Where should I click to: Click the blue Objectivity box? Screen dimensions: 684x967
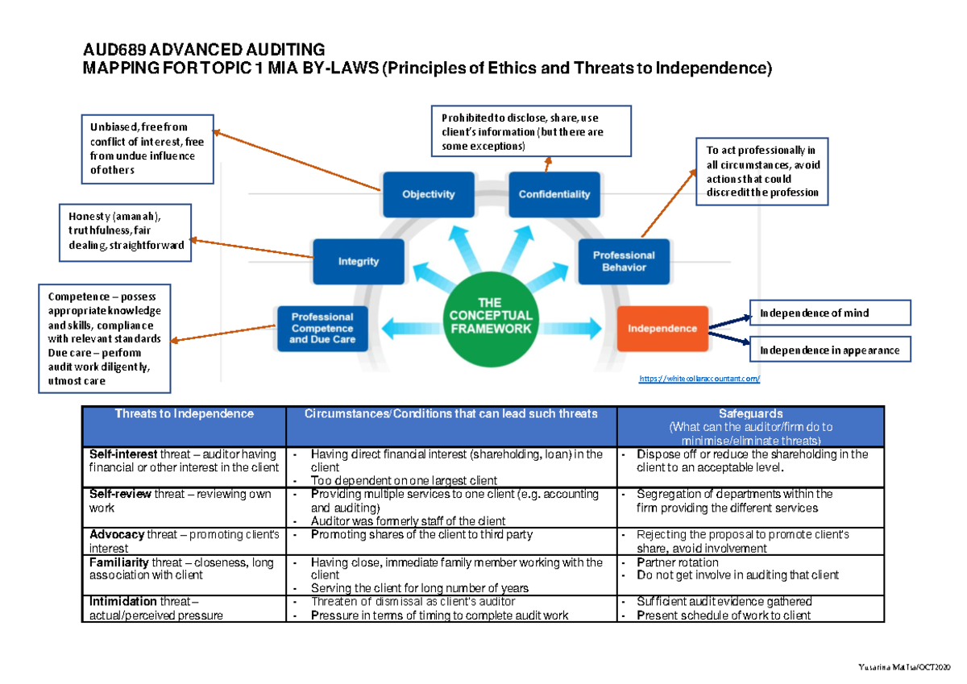coord(428,194)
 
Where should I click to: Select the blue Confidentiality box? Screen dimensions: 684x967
coord(554,194)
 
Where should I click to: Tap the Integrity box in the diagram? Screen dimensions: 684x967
coord(358,261)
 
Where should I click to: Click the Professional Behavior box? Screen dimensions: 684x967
coord(624,261)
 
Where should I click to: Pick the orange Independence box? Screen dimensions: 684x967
coord(662,328)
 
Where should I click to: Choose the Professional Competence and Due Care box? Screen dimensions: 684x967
coord(322,328)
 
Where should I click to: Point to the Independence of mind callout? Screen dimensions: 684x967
coord(830,313)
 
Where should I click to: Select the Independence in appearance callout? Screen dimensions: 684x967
coord(830,350)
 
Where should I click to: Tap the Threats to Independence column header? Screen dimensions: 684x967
coord(184,414)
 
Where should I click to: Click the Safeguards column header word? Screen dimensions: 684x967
coord(750,414)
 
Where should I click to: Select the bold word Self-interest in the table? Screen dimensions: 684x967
coord(123,454)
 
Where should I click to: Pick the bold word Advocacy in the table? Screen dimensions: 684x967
coord(117,535)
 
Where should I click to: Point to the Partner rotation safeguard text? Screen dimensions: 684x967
coord(677,562)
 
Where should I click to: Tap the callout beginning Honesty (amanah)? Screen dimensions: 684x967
coord(126,232)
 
